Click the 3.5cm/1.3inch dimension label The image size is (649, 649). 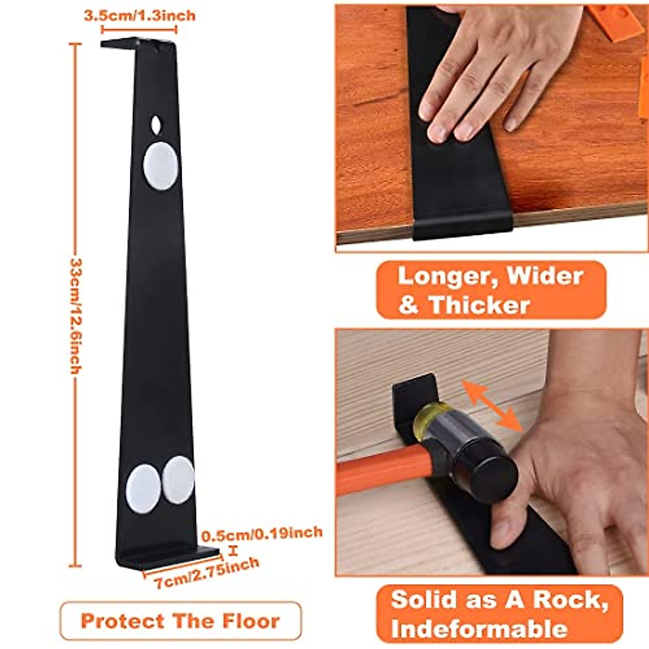click(139, 15)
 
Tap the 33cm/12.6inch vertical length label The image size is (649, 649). click(76, 316)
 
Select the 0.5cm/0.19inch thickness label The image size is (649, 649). click(262, 534)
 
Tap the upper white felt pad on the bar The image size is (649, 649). click(160, 166)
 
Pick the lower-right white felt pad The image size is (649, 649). click(178, 479)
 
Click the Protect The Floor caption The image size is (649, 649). click(180, 621)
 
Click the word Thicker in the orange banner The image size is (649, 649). click(479, 305)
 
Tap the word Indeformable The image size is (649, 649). click(479, 629)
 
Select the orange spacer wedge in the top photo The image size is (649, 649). click(617, 22)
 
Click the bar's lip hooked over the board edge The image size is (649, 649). click(462, 226)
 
